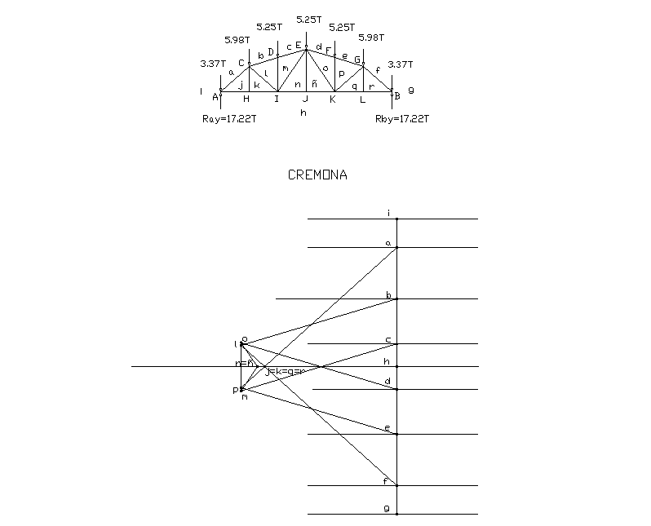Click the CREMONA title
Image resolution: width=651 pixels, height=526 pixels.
click(317, 175)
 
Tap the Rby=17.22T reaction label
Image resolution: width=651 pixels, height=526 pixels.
click(402, 119)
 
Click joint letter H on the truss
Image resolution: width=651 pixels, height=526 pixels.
click(246, 99)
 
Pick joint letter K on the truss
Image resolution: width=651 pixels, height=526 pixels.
click(332, 99)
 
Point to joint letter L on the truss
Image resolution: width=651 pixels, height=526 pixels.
click(363, 99)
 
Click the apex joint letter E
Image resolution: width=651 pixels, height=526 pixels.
click(299, 45)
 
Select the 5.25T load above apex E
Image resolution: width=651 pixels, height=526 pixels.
click(309, 19)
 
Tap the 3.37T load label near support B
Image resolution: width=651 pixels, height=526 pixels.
click(400, 64)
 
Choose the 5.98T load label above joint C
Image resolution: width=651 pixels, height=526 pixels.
click(237, 40)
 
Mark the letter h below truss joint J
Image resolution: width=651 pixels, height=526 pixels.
click(303, 113)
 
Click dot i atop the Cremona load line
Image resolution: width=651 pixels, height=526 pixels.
click(396, 219)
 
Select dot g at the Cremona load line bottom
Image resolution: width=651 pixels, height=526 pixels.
click(396, 515)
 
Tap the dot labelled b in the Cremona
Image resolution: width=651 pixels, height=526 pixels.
click(396, 299)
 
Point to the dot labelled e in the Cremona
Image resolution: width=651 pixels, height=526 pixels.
click(396, 434)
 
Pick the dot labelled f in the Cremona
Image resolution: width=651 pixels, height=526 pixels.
click(396, 486)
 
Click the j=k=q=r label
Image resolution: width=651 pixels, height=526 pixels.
click(285, 372)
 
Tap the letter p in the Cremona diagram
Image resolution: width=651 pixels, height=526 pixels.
click(235, 391)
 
